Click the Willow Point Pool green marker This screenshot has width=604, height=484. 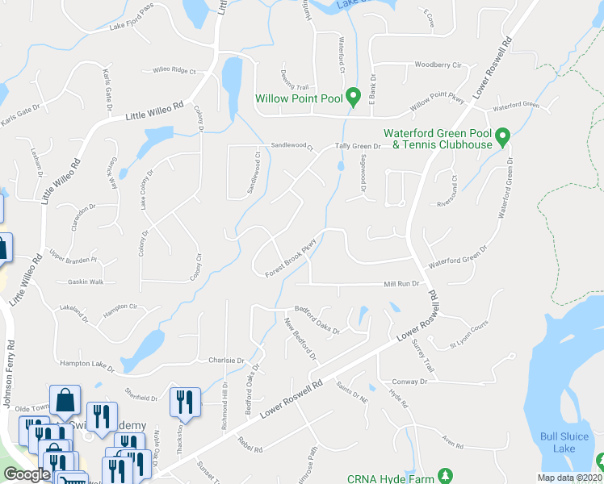353,98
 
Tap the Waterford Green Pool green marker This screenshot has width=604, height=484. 502,138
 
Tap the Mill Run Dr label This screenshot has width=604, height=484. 402,284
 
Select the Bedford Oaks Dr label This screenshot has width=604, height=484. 317,319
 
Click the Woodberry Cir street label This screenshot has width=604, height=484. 437,65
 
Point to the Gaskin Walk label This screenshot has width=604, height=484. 86,282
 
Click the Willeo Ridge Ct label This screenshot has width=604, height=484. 174,71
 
